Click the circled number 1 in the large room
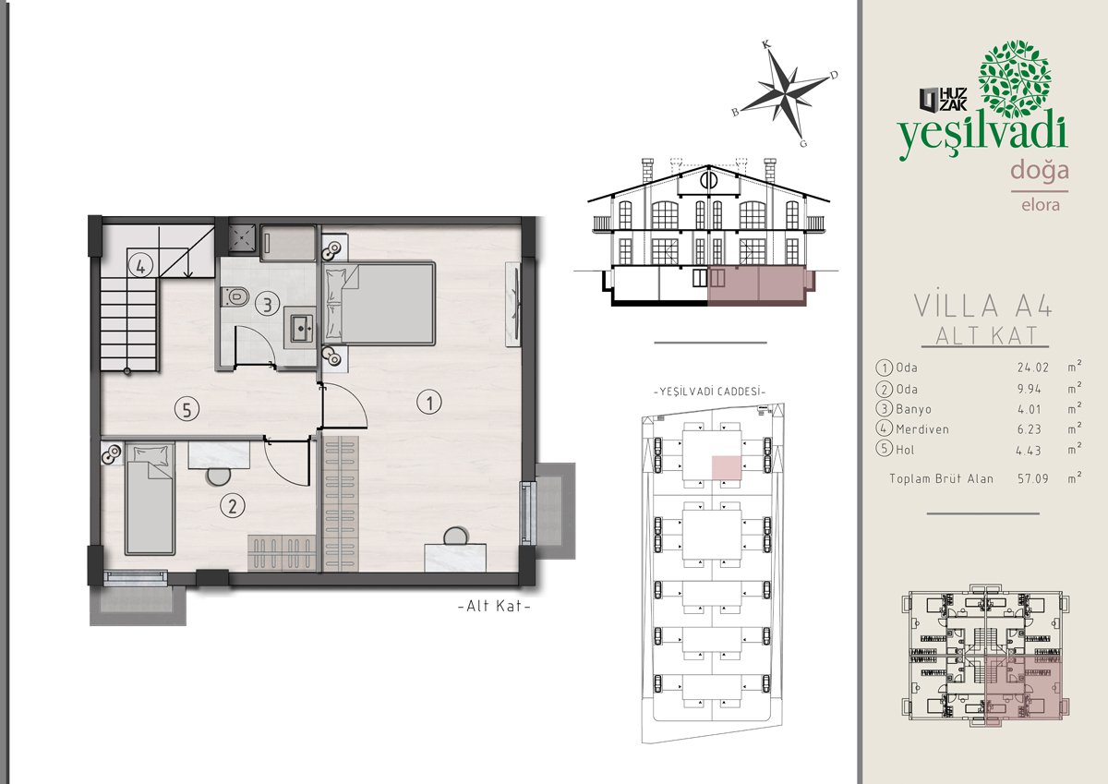pyautogui.click(x=428, y=402)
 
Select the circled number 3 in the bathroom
pyautogui.click(x=267, y=304)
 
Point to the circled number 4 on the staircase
pyautogui.click(x=140, y=267)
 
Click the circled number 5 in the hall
pyautogui.click(x=187, y=409)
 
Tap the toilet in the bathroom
pyautogui.click(x=235, y=296)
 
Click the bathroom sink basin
pyautogui.click(x=301, y=327)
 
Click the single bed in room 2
pyautogui.click(x=150, y=499)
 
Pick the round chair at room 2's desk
pyautogui.click(x=218, y=476)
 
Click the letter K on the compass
pyautogui.click(x=766, y=45)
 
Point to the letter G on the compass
pyautogui.click(x=803, y=143)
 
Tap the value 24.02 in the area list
pyautogui.click(x=1033, y=368)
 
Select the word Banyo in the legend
pyautogui.click(x=913, y=409)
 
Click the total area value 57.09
pyautogui.click(x=1033, y=478)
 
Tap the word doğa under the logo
pyautogui.click(x=1040, y=171)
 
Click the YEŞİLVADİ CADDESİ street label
pyautogui.click(x=709, y=392)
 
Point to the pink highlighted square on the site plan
pyautogui.click(x=726, y=467)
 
